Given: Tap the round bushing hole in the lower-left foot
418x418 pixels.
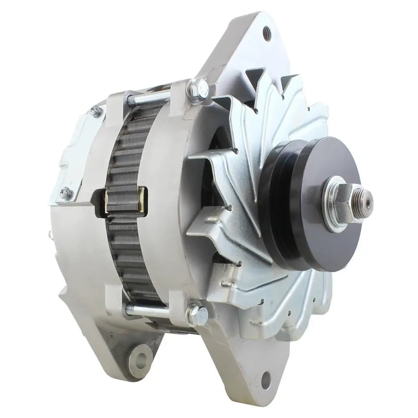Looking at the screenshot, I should click(x=140, y=360).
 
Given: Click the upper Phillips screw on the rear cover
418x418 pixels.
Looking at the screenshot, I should click(x=95, y=111).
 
